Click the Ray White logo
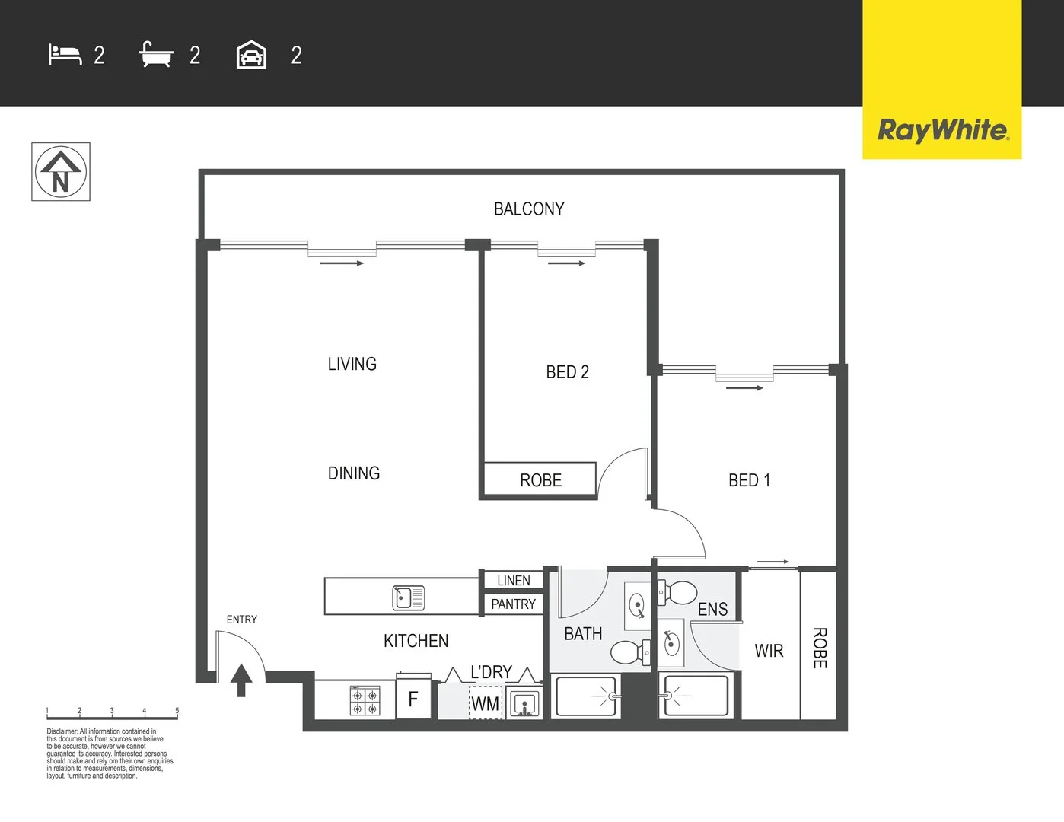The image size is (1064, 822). (942, 130)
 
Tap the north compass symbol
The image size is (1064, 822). (61, 172)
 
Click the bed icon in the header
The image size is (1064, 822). (65, 55)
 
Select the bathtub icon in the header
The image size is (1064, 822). (156, 55)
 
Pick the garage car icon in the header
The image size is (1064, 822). (251, 55)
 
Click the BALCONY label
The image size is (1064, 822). (529, 209)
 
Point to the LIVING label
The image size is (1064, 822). (352, 364)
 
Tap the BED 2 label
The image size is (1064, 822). (567, 372)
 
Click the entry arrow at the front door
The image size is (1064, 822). (241, 679)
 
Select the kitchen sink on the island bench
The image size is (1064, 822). (409, 597)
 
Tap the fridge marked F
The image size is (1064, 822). (413, 699)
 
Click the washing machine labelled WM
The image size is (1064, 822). (486, 703)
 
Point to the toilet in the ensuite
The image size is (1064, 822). (677, 592)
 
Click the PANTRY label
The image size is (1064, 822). (513, 604)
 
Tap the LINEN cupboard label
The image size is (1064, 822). (513, 581)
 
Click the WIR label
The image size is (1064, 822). (769, 652)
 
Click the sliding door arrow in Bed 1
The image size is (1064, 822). (744, 388)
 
